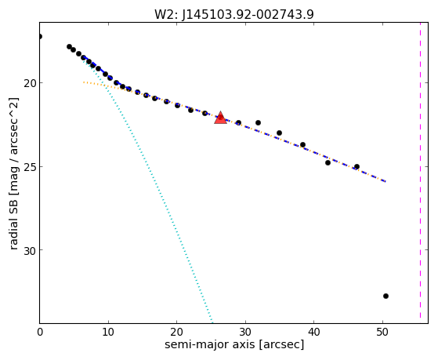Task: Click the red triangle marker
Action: [220, 118]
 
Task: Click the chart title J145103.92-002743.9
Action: [248, 14]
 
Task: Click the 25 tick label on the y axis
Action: [30, 167]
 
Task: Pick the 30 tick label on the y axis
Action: [30, 250]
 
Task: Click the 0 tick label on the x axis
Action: [40, 333]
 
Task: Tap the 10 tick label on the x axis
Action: [108, 333]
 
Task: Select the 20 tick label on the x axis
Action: [176, 333]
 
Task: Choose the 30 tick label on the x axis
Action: [245, 333]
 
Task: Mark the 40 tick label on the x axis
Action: [313, 333]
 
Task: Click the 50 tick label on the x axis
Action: [382, 333]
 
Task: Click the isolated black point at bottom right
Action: [386, 296]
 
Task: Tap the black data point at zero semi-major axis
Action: [40, 36]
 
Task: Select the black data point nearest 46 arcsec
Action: [357, 167]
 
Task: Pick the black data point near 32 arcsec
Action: [258, 123]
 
